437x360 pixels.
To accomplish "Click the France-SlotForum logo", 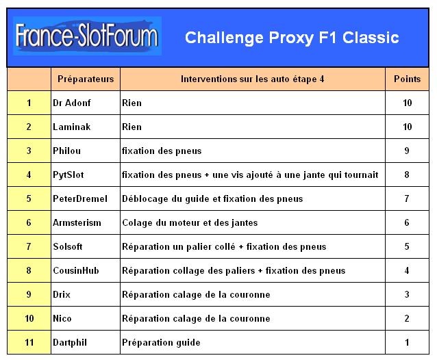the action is coord(87,36).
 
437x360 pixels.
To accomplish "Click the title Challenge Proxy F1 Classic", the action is coord(292,38).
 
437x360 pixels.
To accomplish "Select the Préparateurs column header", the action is coord(86,79).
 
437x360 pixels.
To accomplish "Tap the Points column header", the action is coord(407,79).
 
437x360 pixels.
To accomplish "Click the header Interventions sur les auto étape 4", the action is coord(253,79).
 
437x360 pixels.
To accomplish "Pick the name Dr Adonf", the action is coord(72,103).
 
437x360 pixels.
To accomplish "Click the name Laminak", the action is coord(72,127).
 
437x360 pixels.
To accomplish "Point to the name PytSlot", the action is coord(68,175).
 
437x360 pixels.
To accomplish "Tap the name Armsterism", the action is coord(77,222).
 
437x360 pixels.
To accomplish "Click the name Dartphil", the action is coord(70,342).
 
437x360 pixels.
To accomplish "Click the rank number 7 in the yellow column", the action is coord(29,246).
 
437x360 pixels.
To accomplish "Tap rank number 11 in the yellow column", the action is coord(29,342).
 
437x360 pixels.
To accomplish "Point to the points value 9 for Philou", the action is coord(407,151).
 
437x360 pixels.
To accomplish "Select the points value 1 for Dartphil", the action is coord(407,342).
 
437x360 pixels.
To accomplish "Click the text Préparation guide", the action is coord(161,343).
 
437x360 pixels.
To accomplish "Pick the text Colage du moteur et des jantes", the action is coord(190,223).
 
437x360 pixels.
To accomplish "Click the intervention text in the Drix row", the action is coord(196,295).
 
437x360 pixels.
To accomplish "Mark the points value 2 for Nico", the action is coord(407,318).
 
